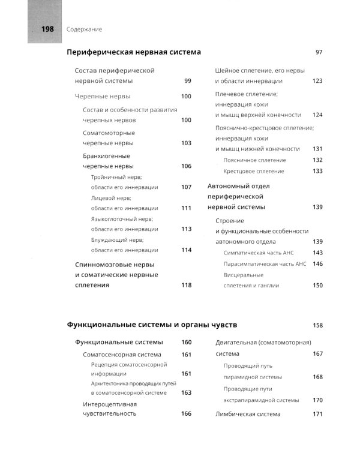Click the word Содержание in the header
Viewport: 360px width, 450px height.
point(85,29)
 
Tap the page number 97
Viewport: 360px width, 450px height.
point(319,52)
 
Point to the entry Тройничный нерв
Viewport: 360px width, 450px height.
point(116,178)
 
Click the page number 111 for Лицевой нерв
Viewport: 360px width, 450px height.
point(186,208)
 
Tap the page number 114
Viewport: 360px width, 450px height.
point(186,250)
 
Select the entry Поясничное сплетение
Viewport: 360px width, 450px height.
point(254,160)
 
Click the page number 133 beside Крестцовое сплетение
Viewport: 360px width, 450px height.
point(317,171)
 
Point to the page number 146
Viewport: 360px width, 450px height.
point(317,263)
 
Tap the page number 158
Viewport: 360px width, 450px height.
point(317,325)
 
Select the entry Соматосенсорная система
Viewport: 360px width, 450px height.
point(122,355)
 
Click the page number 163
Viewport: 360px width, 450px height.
point(186,392)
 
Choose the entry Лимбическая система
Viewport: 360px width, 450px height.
point(247,414)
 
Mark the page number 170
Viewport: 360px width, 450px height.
point(317,400)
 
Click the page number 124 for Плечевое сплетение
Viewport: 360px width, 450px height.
point(317,115)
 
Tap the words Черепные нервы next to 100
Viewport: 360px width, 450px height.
point(103,96)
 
